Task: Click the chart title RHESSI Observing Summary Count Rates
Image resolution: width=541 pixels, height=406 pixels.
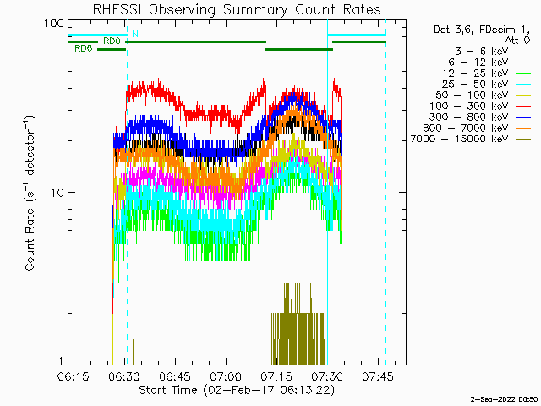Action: (237, 9)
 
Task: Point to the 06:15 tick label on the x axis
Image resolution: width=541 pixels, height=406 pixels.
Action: (73, 376)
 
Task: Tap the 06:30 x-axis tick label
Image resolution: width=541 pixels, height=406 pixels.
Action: (124, 376)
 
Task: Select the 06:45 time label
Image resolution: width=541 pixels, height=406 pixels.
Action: (175, 376)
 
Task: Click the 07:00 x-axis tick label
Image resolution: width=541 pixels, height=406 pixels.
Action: (227, 376)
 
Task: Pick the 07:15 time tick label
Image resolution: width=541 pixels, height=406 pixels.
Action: (276, 376)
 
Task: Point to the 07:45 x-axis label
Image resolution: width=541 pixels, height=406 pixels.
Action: (378, 376)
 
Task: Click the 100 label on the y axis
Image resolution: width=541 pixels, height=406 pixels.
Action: (54, 24)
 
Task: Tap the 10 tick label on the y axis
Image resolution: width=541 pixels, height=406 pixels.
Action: (57, 193)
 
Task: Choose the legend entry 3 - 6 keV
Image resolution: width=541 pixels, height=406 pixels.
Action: (482, 52)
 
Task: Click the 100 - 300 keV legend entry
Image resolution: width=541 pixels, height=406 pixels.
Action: (468, 106)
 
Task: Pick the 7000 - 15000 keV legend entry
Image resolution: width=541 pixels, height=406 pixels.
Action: (459, 139)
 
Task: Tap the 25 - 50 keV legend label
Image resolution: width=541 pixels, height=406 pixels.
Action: (475, 85)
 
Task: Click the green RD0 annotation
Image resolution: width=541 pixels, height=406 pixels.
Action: (112, 41)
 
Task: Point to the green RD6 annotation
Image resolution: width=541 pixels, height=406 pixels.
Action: (84, 49)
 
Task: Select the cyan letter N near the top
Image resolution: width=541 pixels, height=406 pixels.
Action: (135, 34)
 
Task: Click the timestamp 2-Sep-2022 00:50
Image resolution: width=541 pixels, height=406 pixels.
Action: (505, 400)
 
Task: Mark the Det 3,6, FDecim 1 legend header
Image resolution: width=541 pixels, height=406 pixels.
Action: (482, 30)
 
